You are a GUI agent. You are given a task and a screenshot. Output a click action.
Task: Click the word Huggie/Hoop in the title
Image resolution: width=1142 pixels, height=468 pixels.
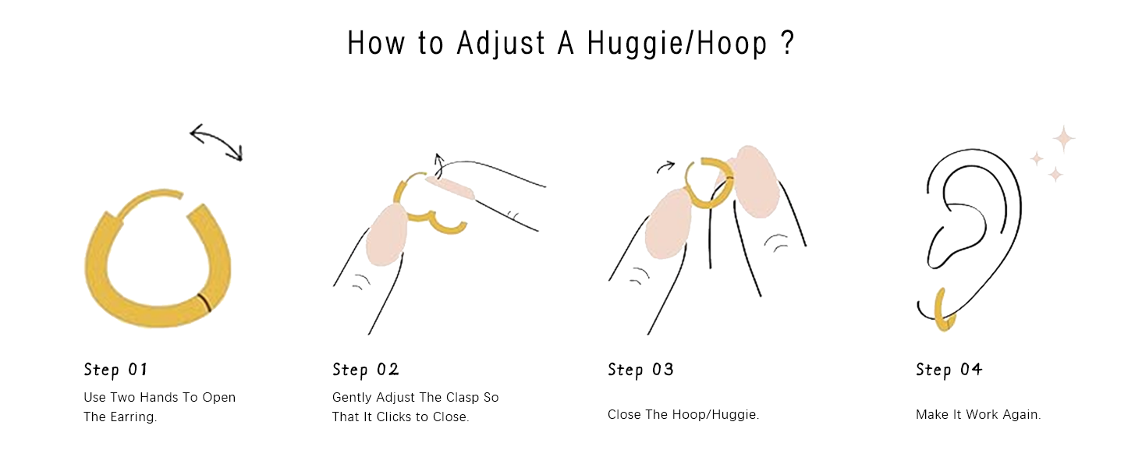coord(677,44)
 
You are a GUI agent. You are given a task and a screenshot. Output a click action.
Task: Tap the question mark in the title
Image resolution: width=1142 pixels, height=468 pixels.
coord(787,42)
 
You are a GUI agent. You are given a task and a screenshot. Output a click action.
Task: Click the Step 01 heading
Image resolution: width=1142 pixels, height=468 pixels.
coord(115,370)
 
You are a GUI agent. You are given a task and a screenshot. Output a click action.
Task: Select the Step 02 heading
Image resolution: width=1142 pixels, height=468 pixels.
coord(366,370)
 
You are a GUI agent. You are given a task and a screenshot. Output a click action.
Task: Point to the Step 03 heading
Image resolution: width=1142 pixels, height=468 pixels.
coord(641,370)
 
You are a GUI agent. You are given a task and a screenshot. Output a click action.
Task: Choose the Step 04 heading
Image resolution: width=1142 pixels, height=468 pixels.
coord(949,370)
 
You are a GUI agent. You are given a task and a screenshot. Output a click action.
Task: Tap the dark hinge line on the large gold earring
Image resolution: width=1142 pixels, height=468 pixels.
coord(204,303)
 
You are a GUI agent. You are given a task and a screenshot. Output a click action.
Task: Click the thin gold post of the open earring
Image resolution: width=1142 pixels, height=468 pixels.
coord(149,201)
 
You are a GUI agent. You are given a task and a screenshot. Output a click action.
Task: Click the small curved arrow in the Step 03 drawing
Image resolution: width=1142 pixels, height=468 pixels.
coord(665,167)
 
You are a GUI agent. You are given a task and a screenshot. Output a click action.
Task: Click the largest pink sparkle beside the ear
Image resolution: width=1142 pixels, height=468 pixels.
coord(1064,139)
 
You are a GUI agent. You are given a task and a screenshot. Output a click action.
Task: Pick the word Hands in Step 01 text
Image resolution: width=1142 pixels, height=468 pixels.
coord(157,398)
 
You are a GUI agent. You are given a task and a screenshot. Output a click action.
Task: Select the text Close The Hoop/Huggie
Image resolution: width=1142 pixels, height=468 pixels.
coord(683,414)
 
